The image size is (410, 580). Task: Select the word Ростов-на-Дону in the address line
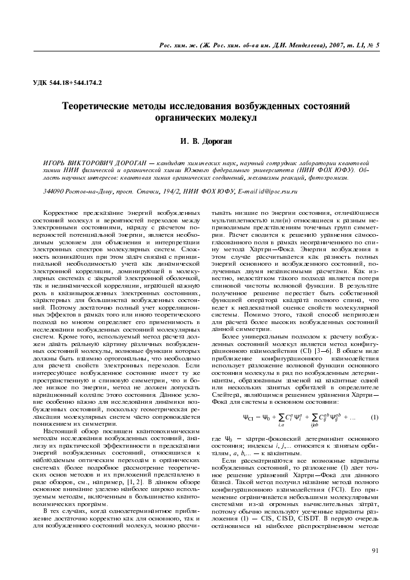click(91, 191)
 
